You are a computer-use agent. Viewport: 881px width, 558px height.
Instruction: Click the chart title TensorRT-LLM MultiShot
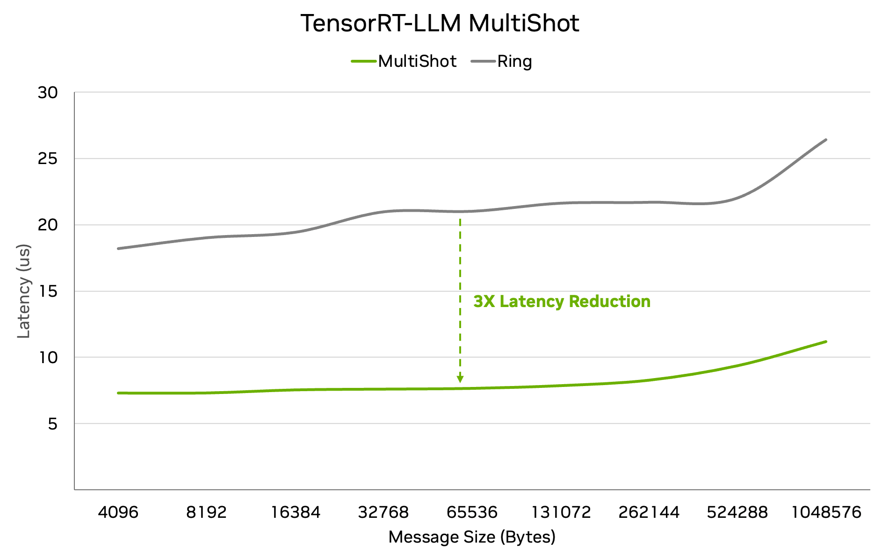[440, 23]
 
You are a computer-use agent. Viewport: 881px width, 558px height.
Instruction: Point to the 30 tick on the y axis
[48, 93]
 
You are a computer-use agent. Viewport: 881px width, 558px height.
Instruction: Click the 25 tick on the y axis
[48, 159]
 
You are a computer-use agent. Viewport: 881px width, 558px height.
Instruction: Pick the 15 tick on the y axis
[48, 291]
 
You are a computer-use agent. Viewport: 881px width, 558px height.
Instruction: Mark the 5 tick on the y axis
[52, 424]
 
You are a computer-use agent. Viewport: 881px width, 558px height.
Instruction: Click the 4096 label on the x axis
[118, 512]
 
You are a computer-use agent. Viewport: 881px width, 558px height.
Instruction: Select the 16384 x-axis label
[296, 512]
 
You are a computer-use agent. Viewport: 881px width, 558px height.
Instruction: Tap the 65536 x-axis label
[472, 512]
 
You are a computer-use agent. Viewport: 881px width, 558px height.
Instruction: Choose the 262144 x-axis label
[649, 512]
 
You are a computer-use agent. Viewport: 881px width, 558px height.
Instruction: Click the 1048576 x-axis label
[826, 512]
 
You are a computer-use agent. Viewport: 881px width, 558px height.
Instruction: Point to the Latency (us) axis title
[23, 291]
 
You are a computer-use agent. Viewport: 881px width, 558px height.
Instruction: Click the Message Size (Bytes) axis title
[472, 537]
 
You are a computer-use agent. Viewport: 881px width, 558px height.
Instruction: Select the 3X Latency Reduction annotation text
[562, 301]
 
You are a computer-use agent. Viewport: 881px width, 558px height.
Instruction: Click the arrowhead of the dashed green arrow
[460, 379]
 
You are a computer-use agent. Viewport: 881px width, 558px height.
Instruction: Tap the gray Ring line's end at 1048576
[826, 140]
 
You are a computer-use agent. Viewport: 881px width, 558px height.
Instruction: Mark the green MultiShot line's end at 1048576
[826, 342]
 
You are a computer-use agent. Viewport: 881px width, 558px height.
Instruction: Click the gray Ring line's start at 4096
[118, 248]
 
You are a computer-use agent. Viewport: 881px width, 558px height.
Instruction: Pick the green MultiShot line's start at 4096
[118, 393]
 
